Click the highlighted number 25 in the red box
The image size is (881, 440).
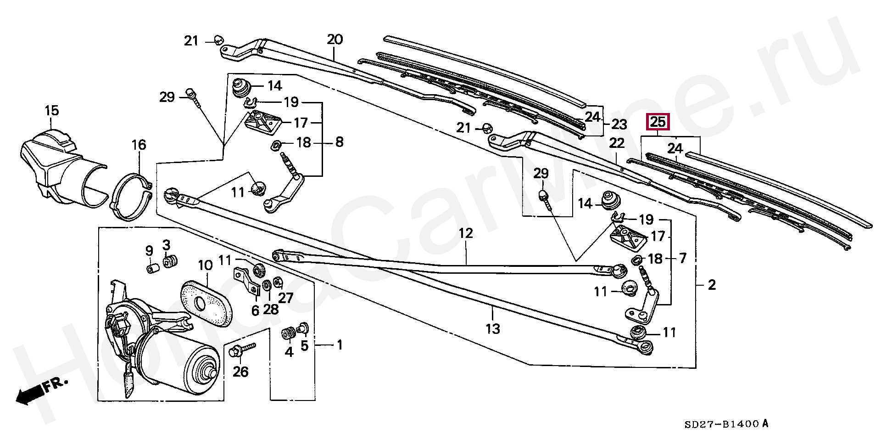(x=658, y=122)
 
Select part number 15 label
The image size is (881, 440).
(x=52, y=111)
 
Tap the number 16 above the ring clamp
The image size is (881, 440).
(x=139, y=145)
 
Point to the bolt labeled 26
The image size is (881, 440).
(x=242, y=352)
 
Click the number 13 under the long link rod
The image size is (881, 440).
(x=492, y=329)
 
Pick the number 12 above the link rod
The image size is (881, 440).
(x=465, y=233)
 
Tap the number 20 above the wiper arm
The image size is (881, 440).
(x=335, y=39)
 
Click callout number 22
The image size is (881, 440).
(x=617, y=143)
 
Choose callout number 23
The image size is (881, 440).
(x=619, y=125)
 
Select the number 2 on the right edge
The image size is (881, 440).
(x=711, y=285)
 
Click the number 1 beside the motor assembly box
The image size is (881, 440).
(x=340, y=344)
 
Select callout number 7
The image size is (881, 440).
(x=683, y=258)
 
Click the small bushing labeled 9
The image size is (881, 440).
(x=152, y=267)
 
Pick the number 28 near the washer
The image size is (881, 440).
(x=271, y=309)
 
